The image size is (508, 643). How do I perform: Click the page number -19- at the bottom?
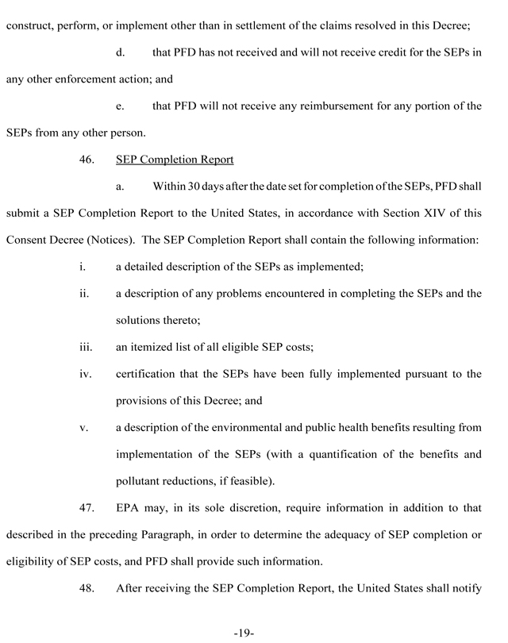coord(243,633)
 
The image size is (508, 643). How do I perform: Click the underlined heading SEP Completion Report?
coord(175,160)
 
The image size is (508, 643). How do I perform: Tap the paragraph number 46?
coord(87,160)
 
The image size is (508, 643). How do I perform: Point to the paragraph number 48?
coord(87,588)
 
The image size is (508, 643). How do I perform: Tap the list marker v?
coord(83,428)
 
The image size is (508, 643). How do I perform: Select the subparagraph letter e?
coord(121,106)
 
